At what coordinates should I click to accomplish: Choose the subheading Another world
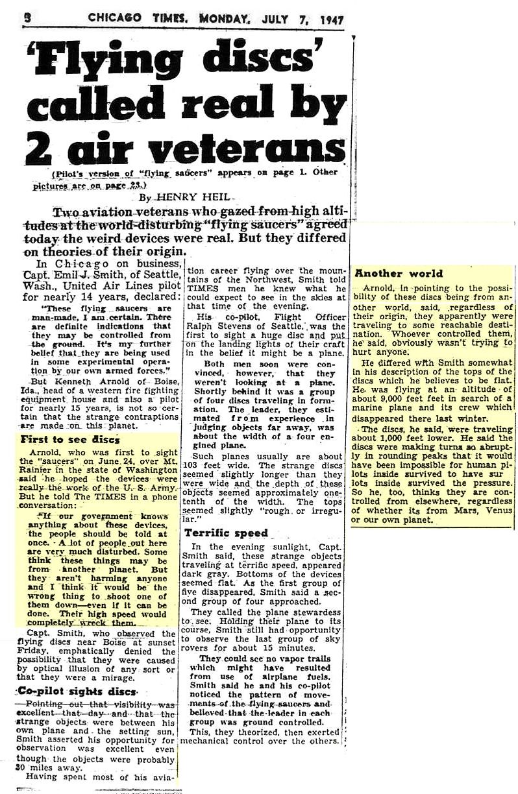399,273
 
